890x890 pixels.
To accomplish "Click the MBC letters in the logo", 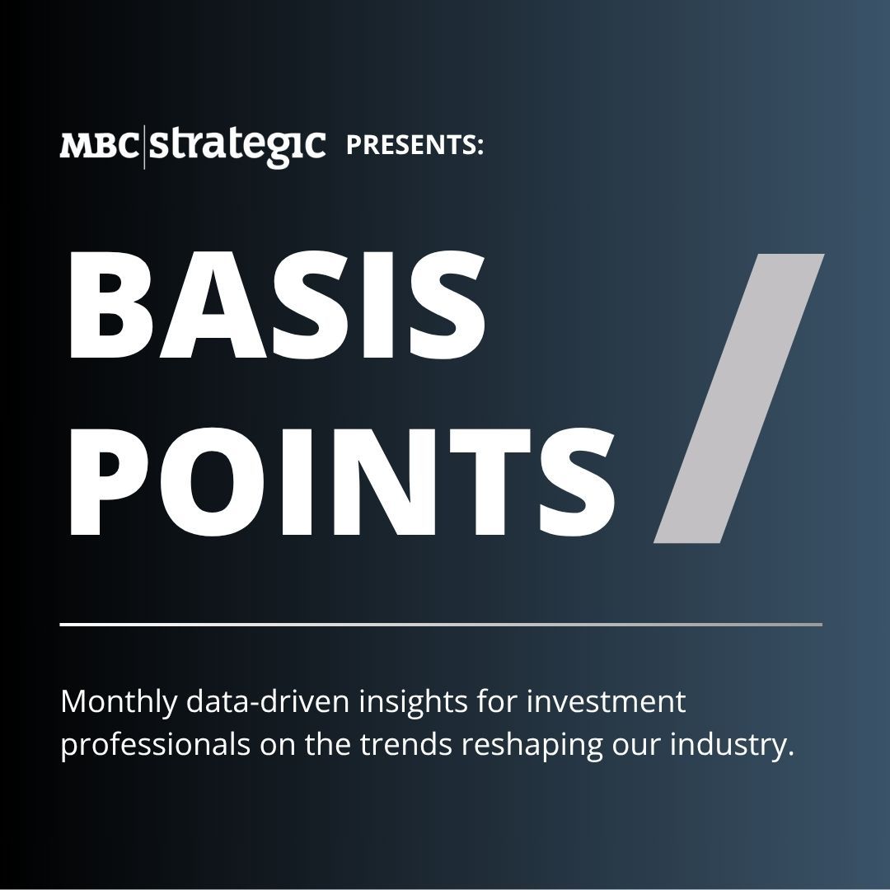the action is (99, 145).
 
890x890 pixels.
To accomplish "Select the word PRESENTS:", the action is (415, 145).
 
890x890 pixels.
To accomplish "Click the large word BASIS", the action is (277, 306).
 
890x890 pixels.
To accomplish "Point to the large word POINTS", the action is (342, 482).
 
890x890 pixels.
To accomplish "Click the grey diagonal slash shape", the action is (739, 399).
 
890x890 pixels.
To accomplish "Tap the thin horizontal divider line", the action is (441, 625).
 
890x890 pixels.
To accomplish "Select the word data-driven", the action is (268, 701).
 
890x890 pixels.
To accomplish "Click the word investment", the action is (607, 701).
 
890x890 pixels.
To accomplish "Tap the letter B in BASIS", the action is (110, 306).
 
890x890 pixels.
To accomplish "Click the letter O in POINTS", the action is (213, 482).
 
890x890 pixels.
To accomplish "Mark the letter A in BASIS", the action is (213, 306).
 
